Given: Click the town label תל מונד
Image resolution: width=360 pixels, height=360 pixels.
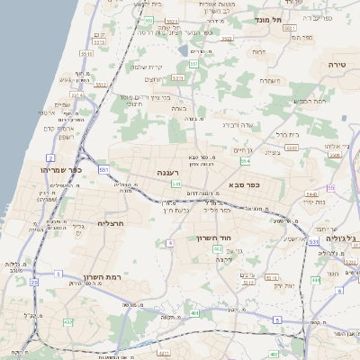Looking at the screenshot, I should coord(269,19).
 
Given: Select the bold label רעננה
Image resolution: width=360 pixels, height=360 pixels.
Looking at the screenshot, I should coord(168,171).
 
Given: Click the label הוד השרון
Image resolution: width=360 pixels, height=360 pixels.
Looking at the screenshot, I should coord(214,238).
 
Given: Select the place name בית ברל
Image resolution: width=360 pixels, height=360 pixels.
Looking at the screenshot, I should coord(286,134).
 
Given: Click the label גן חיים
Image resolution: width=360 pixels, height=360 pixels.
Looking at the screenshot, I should coord(243,149).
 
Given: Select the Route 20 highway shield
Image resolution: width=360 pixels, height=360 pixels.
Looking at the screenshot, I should coord(34,282).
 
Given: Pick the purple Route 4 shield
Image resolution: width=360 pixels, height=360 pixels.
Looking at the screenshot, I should coord(169,243).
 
